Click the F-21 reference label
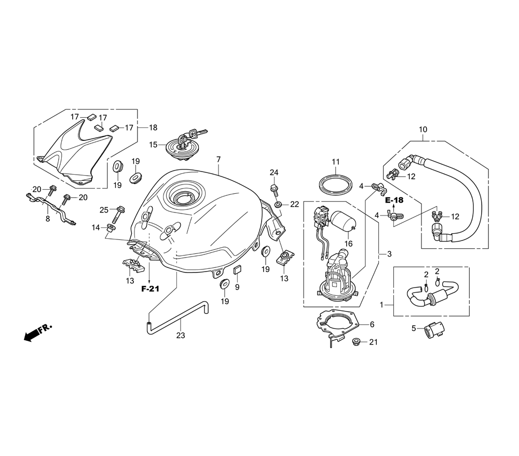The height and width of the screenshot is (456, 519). coord(151,289)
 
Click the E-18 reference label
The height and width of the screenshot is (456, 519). coord(394,200)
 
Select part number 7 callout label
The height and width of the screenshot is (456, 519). coord(218,160)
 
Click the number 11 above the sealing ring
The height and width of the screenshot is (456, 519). coord(336,162)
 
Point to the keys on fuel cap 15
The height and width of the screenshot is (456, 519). coord(193,135)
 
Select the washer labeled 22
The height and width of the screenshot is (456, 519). coord(278,205)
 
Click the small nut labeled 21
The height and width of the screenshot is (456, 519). coord(356,341)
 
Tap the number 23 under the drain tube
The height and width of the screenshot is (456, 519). coord(181,335)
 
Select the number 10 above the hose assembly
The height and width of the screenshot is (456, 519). coord(423,129)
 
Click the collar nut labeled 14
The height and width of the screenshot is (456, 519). coord(111,227)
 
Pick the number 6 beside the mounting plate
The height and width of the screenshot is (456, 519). coord(372,324)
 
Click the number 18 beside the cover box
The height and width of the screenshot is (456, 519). coord(153,127)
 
